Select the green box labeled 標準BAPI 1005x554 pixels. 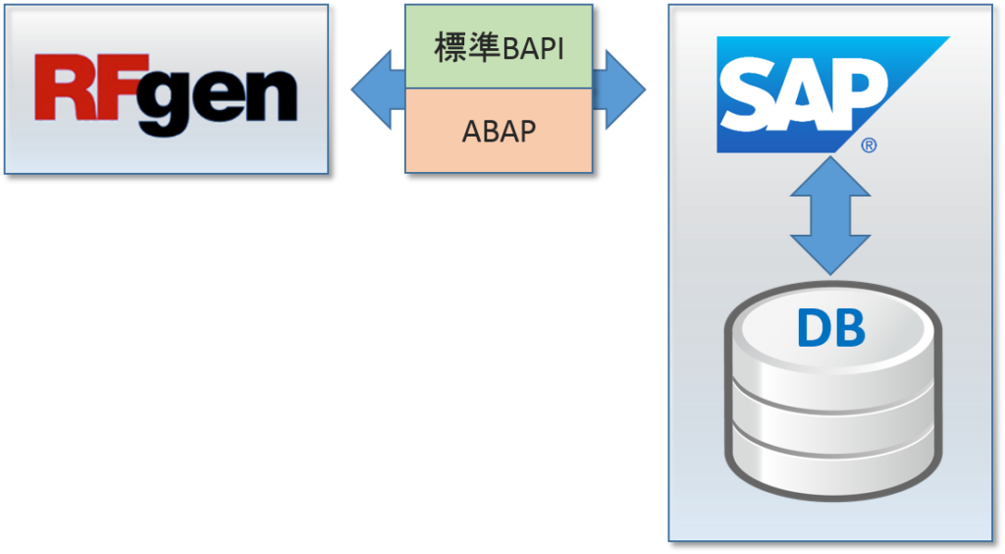(x=499, y=46)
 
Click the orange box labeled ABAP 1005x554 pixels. (x=499, y=131)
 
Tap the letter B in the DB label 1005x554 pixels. (x=848, y=331)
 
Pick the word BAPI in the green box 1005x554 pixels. (x=533, y=47)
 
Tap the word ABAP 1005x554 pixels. (x=499, y=132)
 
